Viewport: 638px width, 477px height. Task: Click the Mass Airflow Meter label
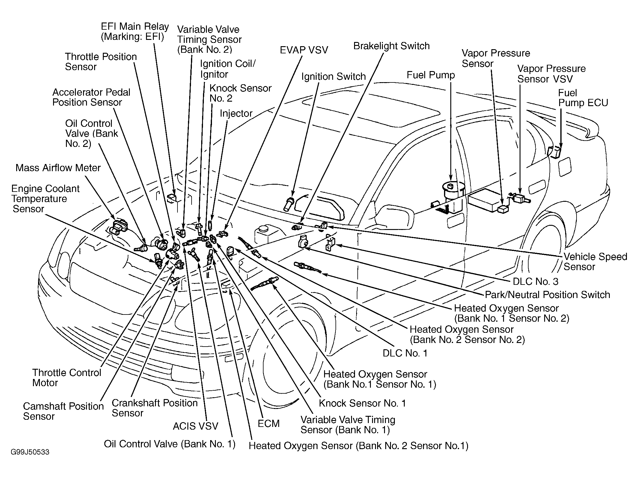tap(58, 168)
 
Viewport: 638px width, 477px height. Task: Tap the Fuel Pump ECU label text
tap(583, 98)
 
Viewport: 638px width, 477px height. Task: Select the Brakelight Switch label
tap(391, 46)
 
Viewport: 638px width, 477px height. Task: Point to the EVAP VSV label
tap(304, 50)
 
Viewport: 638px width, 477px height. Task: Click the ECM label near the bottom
tap(268, 423)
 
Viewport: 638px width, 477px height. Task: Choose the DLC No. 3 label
tap(535, 281)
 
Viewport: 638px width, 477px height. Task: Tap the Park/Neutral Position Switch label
tap(547, 295)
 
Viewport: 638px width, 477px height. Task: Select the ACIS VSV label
tap(195, 426)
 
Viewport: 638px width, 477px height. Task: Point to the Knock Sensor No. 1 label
tap(362, 403)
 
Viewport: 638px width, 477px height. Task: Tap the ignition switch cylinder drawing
tap(288, 204)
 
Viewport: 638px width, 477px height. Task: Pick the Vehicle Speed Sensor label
tap(595, 261)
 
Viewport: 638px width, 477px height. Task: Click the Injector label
tap(236, 113)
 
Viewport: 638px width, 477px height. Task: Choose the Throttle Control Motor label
tap(67, 377)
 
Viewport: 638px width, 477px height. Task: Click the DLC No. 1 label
tap(405, 353)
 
